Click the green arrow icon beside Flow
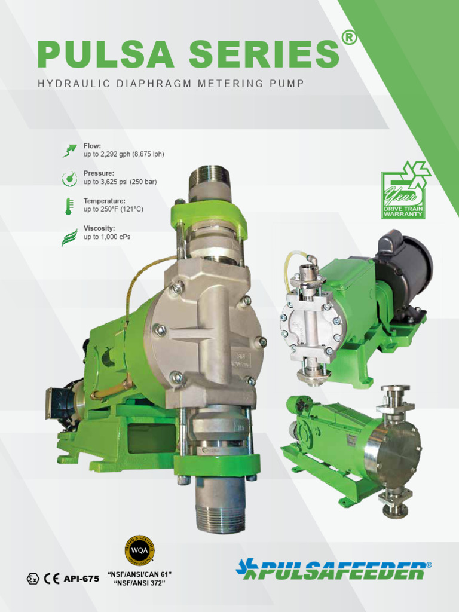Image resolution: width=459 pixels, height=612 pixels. click(70, 150)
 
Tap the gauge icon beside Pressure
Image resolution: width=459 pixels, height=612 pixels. click(70, 178)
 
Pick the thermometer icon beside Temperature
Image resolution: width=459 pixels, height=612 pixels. click(70, 206)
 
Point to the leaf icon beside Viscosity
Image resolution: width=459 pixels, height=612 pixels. click(70, 237)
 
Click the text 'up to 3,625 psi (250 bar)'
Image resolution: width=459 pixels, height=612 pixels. click(120, 182)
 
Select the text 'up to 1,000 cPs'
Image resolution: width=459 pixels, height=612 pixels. click(107, 237)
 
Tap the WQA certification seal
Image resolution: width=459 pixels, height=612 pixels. click(139, 550)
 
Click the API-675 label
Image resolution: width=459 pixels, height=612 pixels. click(81, 579)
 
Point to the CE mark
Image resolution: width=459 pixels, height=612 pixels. click(52, 579)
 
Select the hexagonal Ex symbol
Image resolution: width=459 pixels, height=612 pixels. click(33, 579)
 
